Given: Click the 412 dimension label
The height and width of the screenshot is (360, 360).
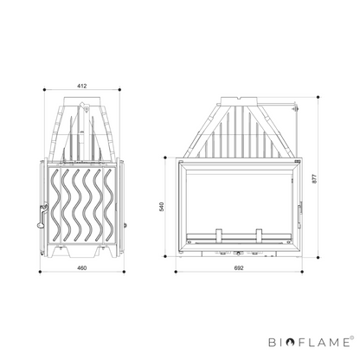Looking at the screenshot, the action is click(82, 86).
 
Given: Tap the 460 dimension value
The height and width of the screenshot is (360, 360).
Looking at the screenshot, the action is click(82, 268).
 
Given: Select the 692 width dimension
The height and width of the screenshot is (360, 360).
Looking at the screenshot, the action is click(239, 268).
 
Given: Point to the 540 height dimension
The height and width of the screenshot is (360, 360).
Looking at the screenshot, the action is click(162, 207).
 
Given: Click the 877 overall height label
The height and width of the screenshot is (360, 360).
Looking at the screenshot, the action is click(314, 178).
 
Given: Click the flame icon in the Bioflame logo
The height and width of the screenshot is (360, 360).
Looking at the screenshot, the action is click(291, 343).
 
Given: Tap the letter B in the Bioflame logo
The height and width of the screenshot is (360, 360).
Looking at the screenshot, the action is click(273, 343).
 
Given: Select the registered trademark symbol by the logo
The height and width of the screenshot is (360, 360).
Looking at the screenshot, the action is click(351, 337).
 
